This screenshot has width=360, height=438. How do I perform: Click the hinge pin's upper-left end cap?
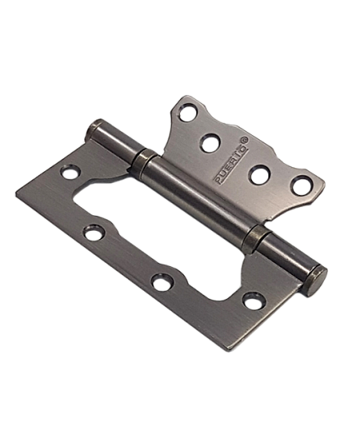92,131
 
